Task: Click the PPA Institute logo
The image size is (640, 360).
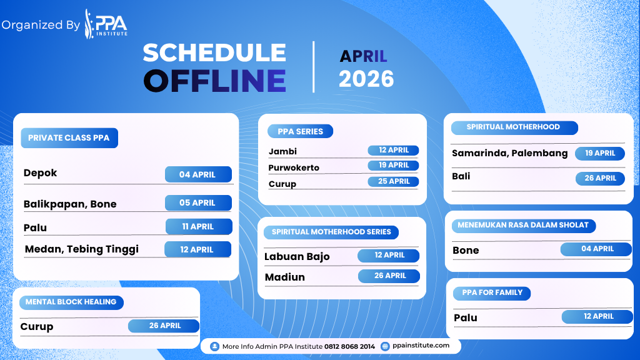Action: pyautogui.click(x=106, y=24)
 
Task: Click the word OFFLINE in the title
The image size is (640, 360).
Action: pyautogui.click(x=215, y=81)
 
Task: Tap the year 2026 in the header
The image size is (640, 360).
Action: pyautogui.click(x=366, y=79)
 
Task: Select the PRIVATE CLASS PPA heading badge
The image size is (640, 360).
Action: pyautogui.click(x=69, y=138)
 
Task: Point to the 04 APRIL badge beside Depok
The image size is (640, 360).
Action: pyautogui.click(x=198, y=174)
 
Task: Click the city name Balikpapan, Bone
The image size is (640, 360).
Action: pyautogui.click(x=70, y=204)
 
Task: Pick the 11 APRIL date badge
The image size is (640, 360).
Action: pyautogui.click(x=199, y=226)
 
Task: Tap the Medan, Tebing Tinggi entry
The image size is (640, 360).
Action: pyautogui.click(x=82, y=249)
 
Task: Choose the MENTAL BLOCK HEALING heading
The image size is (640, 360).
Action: pyautogui.click(x=71, y=302)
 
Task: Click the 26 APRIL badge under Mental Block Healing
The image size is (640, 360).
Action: pyautogui.click(x=164, y=326)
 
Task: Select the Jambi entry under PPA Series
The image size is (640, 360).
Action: pyautogui.click(x=282, y=151)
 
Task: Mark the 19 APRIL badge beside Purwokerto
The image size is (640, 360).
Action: pyautogui.click(x=394, y=165)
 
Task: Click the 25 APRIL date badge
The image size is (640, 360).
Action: pyautogui.click(x=394, y=181)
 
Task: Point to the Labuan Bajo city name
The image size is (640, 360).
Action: pyautogui.click(x=297, y=256)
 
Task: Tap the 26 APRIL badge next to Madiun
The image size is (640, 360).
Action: pyautogui.click(x=389, y=276)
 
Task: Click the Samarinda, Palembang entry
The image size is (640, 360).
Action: pyautogui.click(x=510, y=154)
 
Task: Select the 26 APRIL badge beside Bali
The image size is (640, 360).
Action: pyautogui.click(x=600, y=178)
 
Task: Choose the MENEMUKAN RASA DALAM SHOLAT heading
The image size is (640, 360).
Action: pyautogui.click(x=524, y=226)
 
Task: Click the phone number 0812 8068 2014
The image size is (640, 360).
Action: pyautogui.click(x=349, y=346)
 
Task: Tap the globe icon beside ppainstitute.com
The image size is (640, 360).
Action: pyautogui.click(x=385, y=346)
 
